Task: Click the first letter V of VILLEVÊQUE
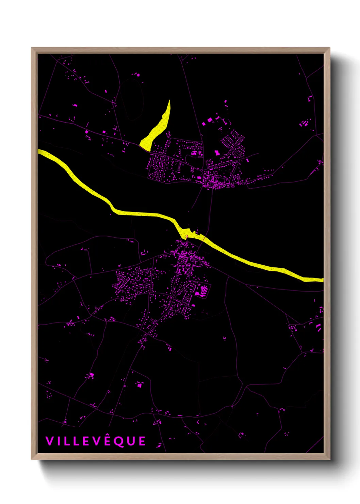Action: (x=49, y=441)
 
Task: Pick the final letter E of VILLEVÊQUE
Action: (x=142, y=441)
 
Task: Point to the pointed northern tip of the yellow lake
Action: (x=169, y=101)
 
